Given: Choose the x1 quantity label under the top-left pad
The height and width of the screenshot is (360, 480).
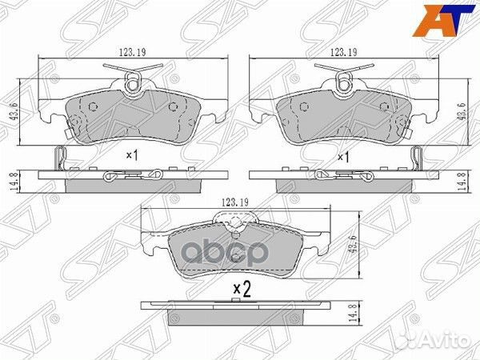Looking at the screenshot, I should [x=133, y=157].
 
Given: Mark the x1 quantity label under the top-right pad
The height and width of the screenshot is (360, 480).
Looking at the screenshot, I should [x=345, y=157].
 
